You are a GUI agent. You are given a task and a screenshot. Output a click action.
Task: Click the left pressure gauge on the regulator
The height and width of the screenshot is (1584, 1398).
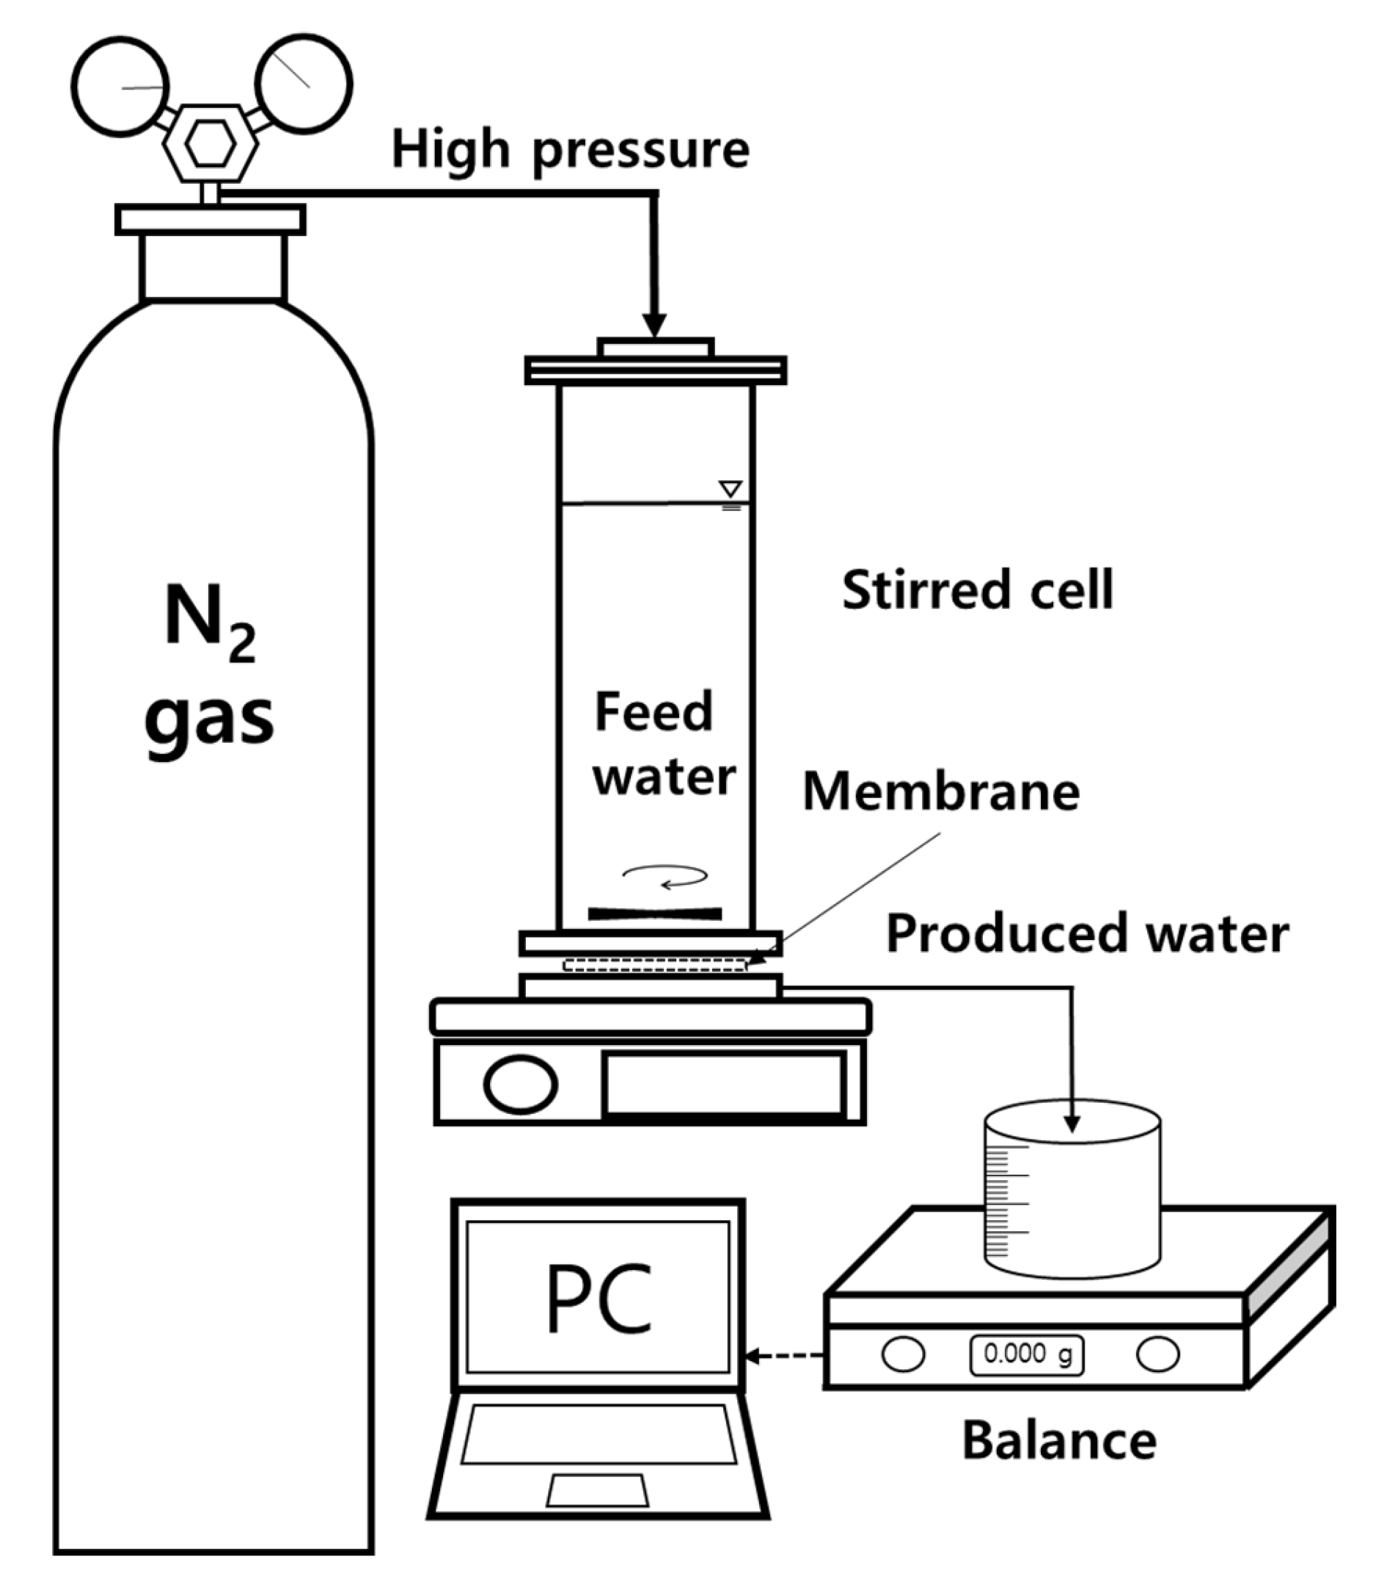120,87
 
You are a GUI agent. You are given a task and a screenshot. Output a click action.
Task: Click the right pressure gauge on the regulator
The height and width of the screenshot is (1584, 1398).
304,84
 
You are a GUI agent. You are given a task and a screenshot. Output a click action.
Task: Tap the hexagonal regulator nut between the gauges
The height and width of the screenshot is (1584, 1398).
211,145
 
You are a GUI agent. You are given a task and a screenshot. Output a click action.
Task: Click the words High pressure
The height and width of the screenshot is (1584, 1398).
571,150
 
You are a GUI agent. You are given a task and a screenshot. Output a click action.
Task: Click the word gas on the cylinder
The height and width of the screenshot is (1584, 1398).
209,716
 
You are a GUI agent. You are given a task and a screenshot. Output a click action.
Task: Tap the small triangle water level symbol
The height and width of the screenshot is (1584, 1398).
730,489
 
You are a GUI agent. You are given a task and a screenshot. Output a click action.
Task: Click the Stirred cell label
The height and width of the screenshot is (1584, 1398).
977,590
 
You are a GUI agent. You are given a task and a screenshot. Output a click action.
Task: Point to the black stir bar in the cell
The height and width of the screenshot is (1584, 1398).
655,914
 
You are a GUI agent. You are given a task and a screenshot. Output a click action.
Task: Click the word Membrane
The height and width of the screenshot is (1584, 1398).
941,792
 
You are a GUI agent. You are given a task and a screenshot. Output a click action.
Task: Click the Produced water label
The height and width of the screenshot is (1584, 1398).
1087,933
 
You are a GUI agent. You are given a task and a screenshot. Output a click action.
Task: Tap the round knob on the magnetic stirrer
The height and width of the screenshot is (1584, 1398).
521,1084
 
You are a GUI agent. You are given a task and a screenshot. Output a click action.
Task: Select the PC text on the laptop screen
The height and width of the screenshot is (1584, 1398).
599,1298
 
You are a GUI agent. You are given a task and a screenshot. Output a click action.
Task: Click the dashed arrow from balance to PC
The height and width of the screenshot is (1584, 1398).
783,1356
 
